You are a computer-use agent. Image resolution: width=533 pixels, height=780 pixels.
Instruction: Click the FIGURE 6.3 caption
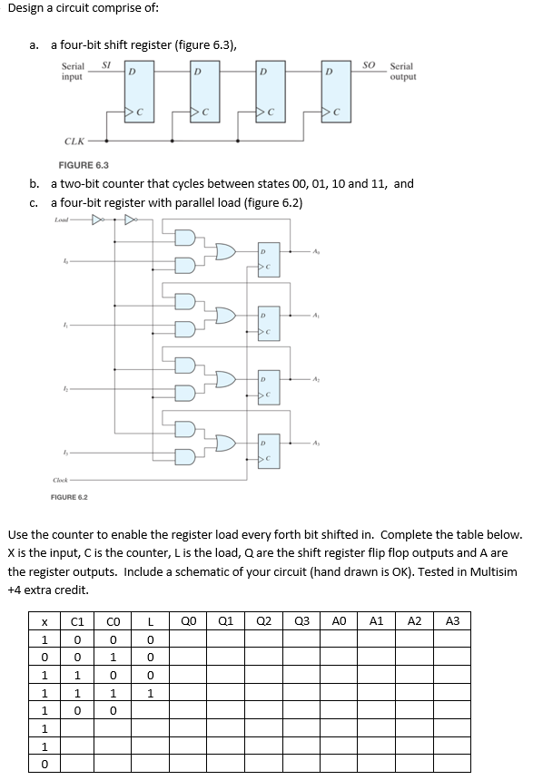(x=84, y=166)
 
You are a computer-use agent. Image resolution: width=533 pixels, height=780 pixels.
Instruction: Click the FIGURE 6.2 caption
(x=69, y=497)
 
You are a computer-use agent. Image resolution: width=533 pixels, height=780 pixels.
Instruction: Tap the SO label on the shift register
(x=369, y=63)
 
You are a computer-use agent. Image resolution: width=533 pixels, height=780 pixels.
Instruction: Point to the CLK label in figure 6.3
(x=75, y=141)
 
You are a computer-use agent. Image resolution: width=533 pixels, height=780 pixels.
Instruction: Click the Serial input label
(x=73, y=72)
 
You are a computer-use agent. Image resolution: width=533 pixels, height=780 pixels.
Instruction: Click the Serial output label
(x=402, y=72)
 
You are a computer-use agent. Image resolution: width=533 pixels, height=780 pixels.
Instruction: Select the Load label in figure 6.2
(x=62, y=220)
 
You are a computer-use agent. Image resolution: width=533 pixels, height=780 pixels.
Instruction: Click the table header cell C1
(x=78, y=621)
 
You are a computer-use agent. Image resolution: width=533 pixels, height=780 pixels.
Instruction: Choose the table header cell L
(x=152, y=621)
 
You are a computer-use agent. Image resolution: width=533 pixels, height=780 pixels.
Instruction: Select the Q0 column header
(x=188, y=621)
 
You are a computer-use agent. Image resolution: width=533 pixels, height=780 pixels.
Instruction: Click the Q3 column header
(x=301, y=621)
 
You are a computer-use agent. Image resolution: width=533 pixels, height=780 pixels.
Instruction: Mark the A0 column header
(x=340, y=621)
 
